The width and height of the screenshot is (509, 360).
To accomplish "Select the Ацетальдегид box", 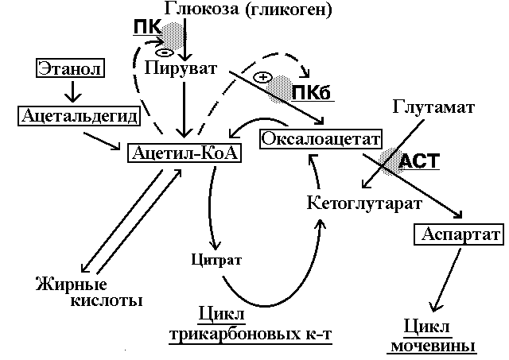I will (x=76, y=117).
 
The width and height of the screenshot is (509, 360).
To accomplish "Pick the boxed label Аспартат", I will (x=458, y=236).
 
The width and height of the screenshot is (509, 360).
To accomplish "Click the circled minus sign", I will (x=165, y=52).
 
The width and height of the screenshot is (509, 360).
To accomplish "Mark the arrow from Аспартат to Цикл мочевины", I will (x=455, y=279).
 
